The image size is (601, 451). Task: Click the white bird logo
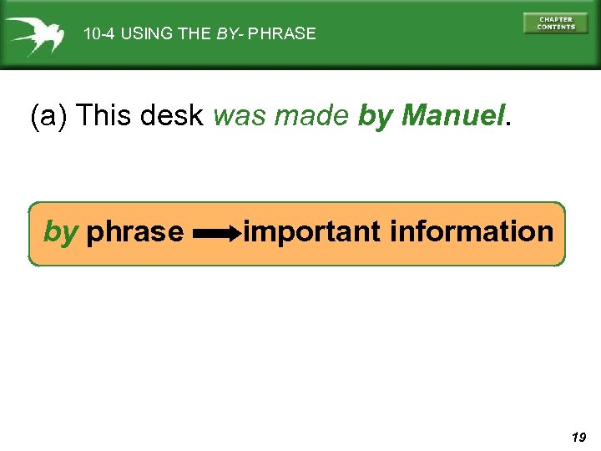coord(33,34)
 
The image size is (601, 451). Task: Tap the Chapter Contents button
coord(555,23)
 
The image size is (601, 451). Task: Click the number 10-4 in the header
coord(99,34)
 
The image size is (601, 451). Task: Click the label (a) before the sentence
coord(48,116)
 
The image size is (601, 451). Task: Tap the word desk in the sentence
coord(171,116)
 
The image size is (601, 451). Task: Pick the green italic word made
coord(312,116)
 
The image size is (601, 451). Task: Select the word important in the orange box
coord(313,231)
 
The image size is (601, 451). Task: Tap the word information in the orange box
coord(472,231)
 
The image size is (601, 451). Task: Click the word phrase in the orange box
coord(135,231)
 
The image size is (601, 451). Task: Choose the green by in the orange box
coord(60,232)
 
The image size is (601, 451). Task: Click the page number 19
coord(578,436)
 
